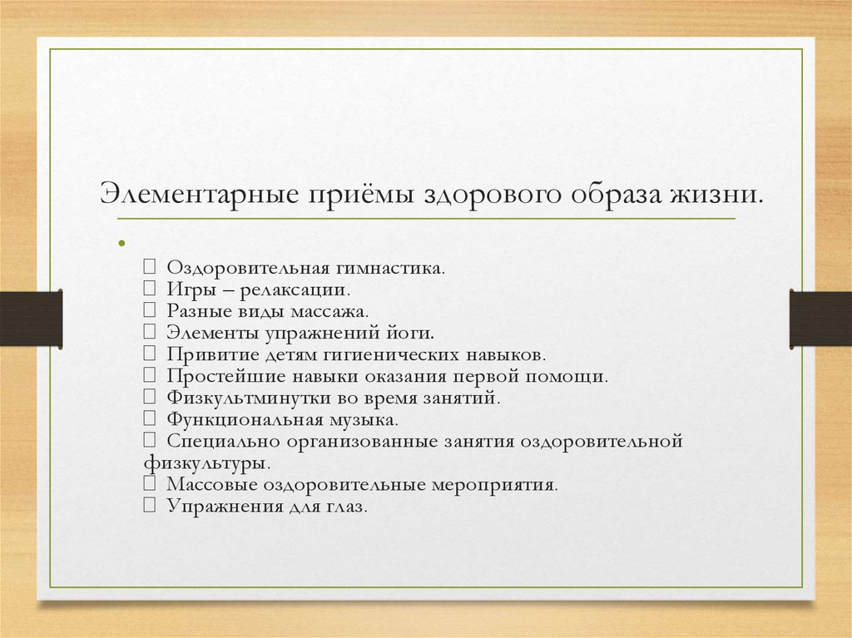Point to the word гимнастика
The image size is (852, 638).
390,269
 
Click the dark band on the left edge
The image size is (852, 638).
31,319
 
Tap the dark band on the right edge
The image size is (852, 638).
820,319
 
